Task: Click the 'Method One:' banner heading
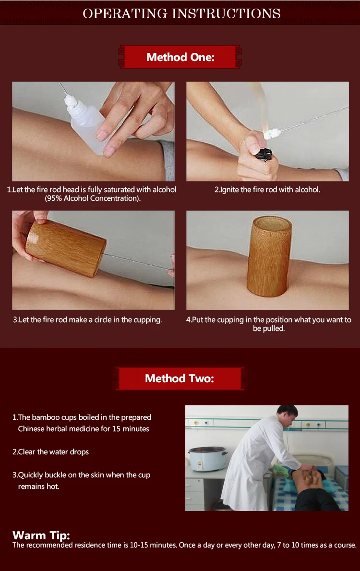(180, 57)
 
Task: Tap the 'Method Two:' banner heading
(180, 378)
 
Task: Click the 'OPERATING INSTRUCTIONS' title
(181, 13)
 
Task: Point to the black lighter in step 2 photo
(265, 153)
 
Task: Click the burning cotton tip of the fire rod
(270, 134)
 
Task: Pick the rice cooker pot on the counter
(207, 459)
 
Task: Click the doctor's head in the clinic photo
(288, 415)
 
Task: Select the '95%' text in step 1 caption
(53, 198)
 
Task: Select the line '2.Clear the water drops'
(50, 452)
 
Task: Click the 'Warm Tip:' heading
(41, 535)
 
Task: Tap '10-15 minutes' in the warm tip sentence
(153, 545)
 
